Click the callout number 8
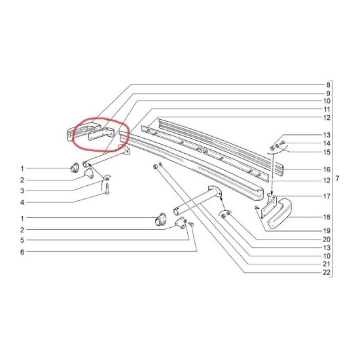pos(328,85)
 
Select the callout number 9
pos(328,94)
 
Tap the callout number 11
pos(327,109)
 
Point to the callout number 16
pos(327,170)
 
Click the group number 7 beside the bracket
pos(337,179)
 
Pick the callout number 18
pos(327,217)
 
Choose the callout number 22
pos(327,272)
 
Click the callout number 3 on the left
pos(22,190)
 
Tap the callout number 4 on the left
pos(22,202)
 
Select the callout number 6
pos(22,252)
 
